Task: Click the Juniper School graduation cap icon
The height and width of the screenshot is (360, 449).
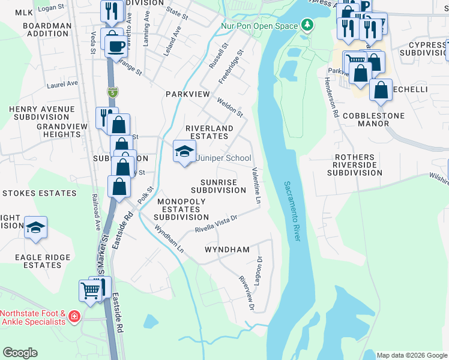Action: tap(184, 151)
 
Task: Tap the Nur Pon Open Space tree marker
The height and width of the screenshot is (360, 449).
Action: tap(308, 25)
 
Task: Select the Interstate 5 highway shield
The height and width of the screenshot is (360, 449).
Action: tap(113, 92)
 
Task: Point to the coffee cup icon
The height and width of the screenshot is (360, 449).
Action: tap(116, 46)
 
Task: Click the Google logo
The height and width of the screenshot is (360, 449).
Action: tap(20, 353)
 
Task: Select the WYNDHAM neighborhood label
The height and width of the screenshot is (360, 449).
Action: tap(227, 249)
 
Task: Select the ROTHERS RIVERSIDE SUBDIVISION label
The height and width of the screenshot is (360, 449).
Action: tap(354, 165)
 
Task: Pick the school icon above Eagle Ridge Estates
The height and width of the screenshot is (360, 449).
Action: tap(35, 227)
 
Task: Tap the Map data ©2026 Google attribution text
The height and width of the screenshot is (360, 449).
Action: tap(411, 355)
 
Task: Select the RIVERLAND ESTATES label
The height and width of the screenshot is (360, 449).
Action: tap(208, 132)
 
